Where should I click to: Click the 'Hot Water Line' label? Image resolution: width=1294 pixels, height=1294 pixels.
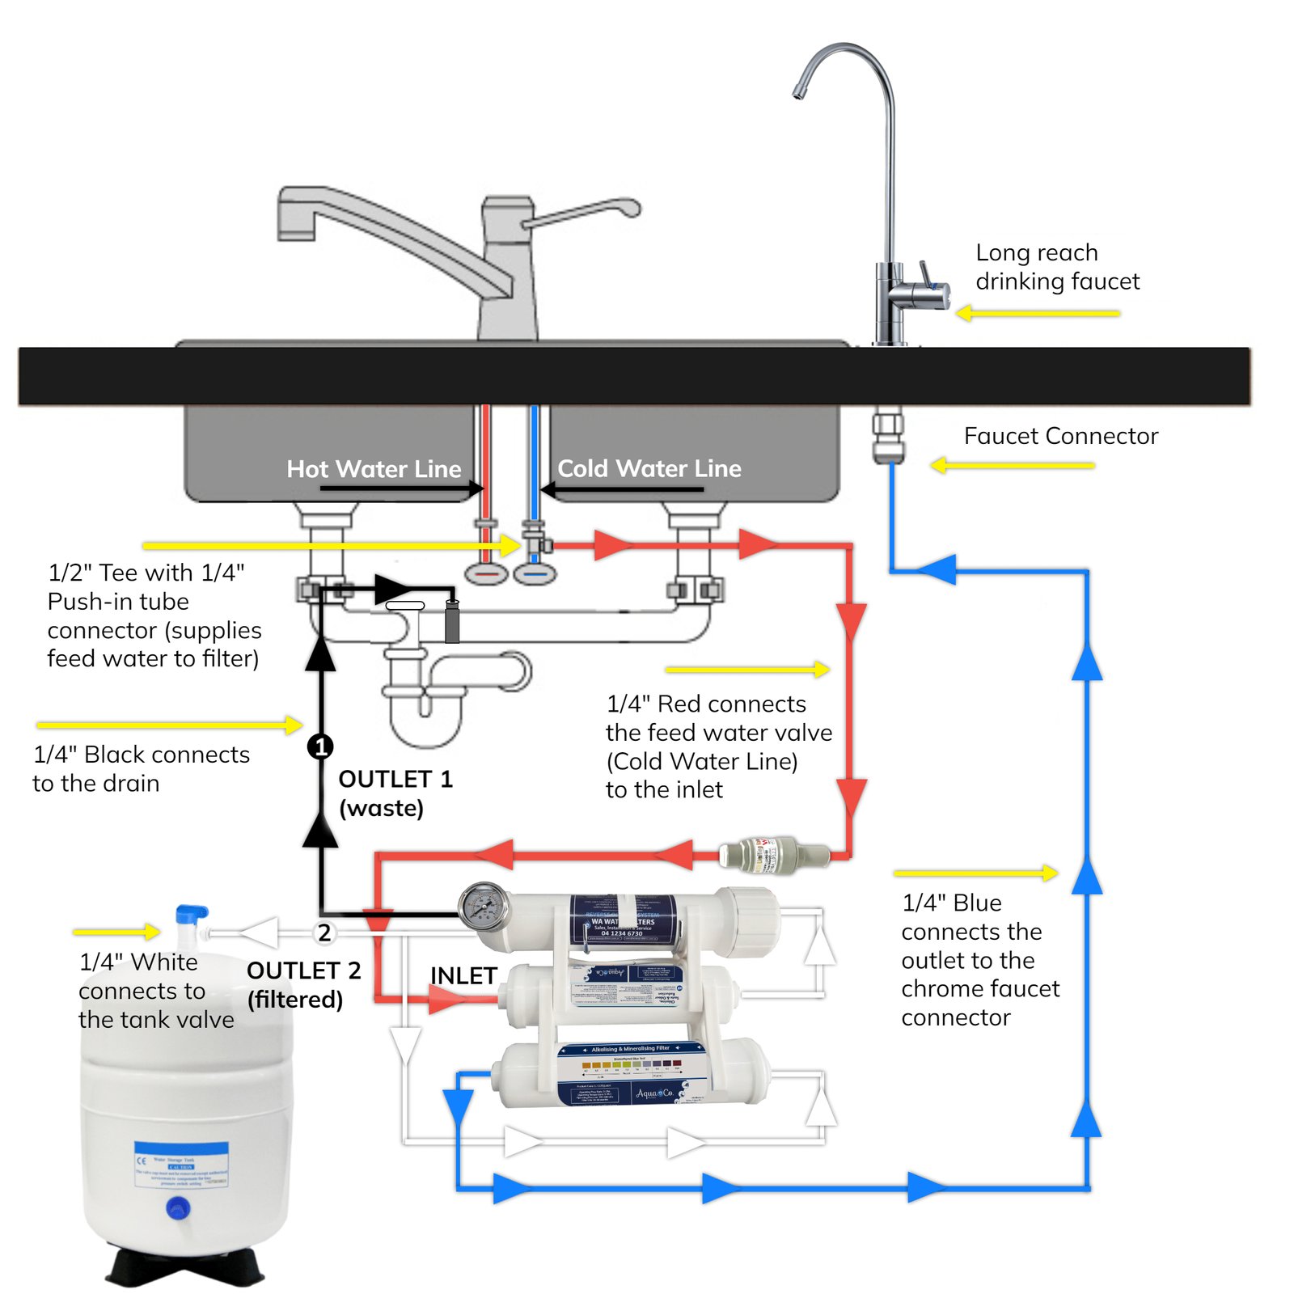pos(374,469)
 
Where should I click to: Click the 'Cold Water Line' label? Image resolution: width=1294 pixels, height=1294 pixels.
pos(649,468)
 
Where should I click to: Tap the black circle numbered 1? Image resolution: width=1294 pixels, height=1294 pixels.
pos(321,746)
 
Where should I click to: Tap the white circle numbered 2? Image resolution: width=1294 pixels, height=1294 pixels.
pos(324,932)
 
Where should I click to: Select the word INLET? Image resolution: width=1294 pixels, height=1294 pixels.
pos(463,975)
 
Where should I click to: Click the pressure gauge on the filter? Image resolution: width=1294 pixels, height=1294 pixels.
pos(484,907)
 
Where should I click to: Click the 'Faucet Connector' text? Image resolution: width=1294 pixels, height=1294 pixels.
pos(1060,436)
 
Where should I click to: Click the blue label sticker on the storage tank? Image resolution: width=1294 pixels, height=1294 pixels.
pos(181,1165)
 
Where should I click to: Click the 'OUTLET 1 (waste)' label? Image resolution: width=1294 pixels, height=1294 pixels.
pos(395,793)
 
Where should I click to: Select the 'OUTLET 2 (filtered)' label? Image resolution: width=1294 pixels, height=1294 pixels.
pos(302,984)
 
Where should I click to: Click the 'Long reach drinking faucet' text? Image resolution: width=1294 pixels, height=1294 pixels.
pos(1056,267)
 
